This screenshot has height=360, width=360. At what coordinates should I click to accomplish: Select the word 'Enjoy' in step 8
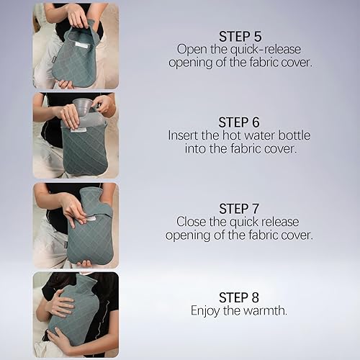(x=207, y=310)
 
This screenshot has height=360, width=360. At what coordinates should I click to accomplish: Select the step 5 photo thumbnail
(x=75, y=46)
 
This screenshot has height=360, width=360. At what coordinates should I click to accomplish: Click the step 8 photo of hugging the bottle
(x=75, y=314)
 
